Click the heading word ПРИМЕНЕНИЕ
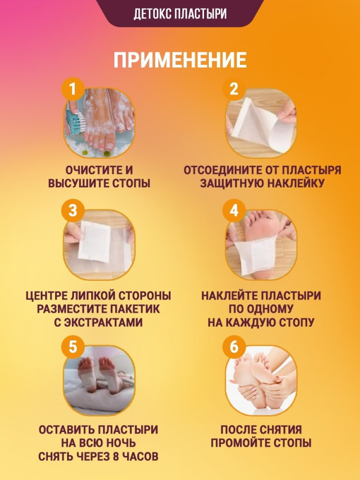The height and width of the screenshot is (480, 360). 180,60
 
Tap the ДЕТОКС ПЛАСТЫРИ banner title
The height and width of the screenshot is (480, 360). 180,14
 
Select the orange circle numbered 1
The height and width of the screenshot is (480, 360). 72,89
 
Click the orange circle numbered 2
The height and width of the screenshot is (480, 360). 234,89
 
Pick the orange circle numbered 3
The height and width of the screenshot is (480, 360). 72,210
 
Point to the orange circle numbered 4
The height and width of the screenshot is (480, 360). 234,210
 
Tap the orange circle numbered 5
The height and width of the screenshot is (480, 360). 72,347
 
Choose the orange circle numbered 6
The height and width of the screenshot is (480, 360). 234,347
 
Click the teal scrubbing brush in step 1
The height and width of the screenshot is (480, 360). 75,122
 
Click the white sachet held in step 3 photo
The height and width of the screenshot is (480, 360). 94,242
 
